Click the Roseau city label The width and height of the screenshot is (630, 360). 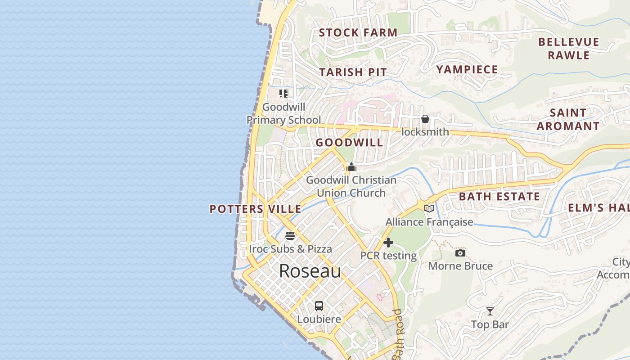click(x=310, y=271)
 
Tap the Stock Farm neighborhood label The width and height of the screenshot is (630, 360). click(x=358, y=32)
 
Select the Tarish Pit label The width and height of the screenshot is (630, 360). click(x=353, y=72)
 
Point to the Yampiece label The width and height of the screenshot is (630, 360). click(x=467, y=69)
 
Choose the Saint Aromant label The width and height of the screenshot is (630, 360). click(x=568, y=119)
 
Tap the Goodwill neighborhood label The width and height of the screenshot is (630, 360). click(x=349, y=143)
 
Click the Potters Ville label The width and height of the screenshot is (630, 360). click(x=256, y=209)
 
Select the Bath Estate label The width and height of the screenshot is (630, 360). click(x=499, y=197)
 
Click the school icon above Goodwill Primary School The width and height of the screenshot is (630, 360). click(x=283, y=94)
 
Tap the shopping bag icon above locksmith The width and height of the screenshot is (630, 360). click(x=425, y=119)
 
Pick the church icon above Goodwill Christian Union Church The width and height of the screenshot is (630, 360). click(x=351, y=167)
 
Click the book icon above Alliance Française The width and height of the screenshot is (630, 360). click(x=429, y=208)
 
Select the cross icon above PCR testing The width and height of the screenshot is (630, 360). click(x=388, y=243)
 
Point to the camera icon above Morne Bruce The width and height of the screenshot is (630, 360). click(x=460, y=253)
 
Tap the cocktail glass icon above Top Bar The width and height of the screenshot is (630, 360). click(x=490, y=311)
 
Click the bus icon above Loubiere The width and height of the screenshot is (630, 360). click(x=319, y=306)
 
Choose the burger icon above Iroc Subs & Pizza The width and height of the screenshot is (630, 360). click(x=290, y=235)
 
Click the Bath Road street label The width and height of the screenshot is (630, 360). click(x=398, y=334)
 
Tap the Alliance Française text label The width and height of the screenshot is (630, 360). click(x=429, y=222)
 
